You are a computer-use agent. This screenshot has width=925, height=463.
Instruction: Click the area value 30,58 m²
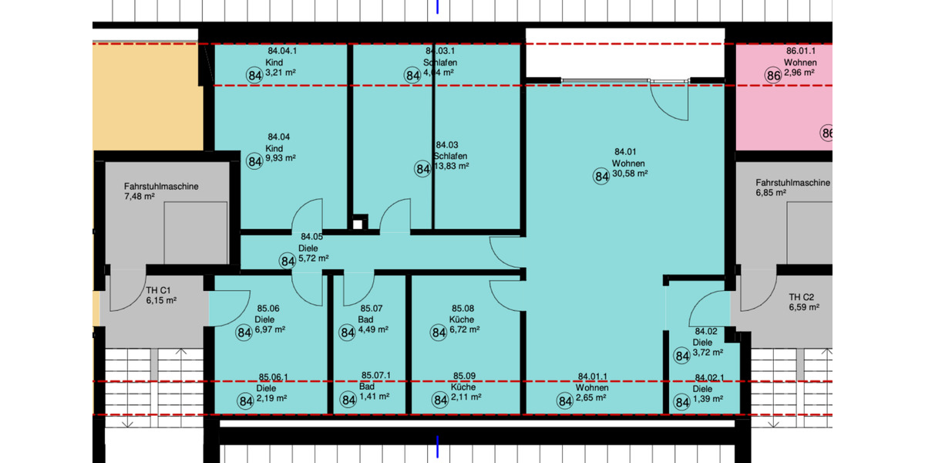pos(629,174)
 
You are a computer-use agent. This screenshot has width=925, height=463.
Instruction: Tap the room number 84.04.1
pos(281,50)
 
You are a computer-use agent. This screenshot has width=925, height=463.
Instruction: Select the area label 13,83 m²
pos(452,166)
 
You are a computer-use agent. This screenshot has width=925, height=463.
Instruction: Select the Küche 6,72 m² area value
pos(467,330)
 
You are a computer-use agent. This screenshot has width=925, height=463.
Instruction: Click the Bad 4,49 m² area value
pos(373,330)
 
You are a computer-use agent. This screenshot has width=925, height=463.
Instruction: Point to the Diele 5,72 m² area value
pos(314,259)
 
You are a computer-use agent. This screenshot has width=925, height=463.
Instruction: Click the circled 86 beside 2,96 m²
pos(774,75)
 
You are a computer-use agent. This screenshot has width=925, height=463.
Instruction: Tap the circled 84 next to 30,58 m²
pos(601,176)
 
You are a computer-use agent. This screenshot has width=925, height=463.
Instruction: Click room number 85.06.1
pos(274,377)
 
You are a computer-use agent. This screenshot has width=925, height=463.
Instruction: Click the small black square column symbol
pos(357,225)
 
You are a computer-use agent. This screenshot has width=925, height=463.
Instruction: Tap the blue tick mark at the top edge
pos(438,7)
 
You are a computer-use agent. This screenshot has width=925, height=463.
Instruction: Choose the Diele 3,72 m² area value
pos(708,352)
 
